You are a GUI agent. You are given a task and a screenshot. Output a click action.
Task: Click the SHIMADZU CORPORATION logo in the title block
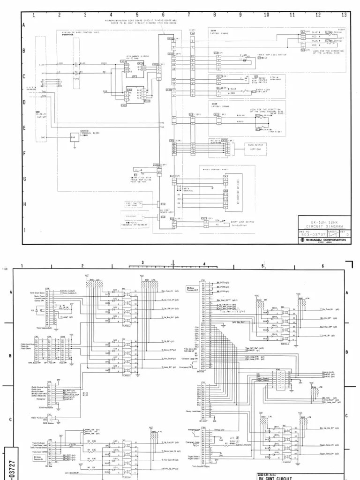point(323,240)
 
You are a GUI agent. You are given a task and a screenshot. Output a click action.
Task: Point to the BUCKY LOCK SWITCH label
point(243,223)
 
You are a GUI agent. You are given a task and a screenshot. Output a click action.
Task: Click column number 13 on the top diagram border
point(344,15)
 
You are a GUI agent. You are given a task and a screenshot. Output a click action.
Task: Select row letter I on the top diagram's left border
point(23,230)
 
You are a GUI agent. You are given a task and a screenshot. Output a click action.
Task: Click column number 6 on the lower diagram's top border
point(322,266)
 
